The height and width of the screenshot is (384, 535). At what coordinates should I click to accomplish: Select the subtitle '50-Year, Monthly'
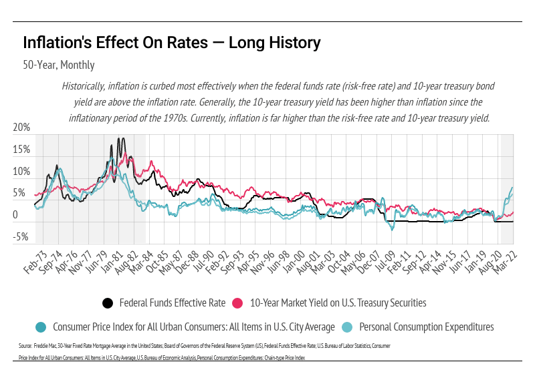tap(58, 65)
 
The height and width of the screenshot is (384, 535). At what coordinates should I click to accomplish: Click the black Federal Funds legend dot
tap(108, 303)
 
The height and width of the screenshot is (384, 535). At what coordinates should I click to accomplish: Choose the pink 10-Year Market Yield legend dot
tap(237, 303)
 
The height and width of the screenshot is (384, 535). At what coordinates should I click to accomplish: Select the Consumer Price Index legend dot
tap(41, 327)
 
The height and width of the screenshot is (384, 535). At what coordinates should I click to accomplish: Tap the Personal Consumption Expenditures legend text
tap(426, 327)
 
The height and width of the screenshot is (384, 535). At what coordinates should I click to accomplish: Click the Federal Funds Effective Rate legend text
tap(173, 303)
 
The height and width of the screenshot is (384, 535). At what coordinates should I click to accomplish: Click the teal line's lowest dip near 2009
tap(393, 229)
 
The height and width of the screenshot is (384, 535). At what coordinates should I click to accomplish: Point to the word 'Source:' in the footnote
tap(25, 346)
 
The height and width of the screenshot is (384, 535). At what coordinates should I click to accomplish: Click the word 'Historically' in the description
tap(85, 87)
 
